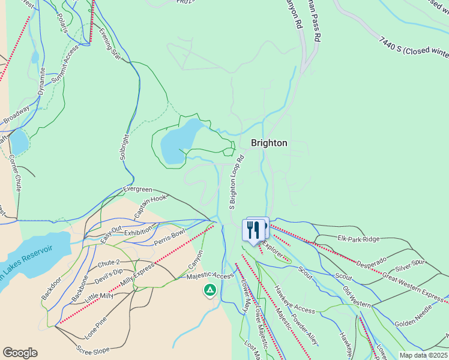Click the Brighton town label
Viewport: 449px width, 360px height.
(x=268, y=143)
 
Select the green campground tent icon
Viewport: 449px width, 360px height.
(x=209, y=291)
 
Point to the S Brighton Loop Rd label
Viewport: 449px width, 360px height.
(x=236, y=182)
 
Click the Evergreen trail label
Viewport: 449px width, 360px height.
(x=137, y=189)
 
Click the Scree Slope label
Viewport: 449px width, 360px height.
(x=92, y=349)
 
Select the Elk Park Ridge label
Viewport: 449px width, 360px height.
(x=358, y=239)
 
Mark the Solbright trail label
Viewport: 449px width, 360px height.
(x=125, y=146)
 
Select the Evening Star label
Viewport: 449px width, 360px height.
(x=110, y=44)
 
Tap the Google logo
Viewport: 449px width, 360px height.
(x=20, y=353)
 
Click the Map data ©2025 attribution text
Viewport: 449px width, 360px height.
(x=424, y=355)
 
